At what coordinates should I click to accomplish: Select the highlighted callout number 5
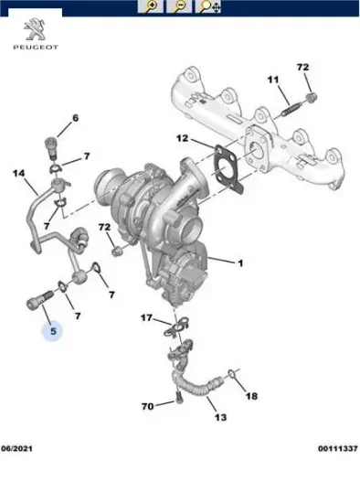click(x=53, y=332)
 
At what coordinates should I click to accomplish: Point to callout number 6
click(x=75, y=118)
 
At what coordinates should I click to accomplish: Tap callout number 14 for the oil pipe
click(x=18, y=173)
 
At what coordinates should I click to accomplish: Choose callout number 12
click(x=182, y=139)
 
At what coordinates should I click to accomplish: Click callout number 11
click(x=271, y=81)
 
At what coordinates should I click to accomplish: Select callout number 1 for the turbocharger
click(x=239, y=264)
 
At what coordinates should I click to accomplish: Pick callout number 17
click(x=146, y=317)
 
